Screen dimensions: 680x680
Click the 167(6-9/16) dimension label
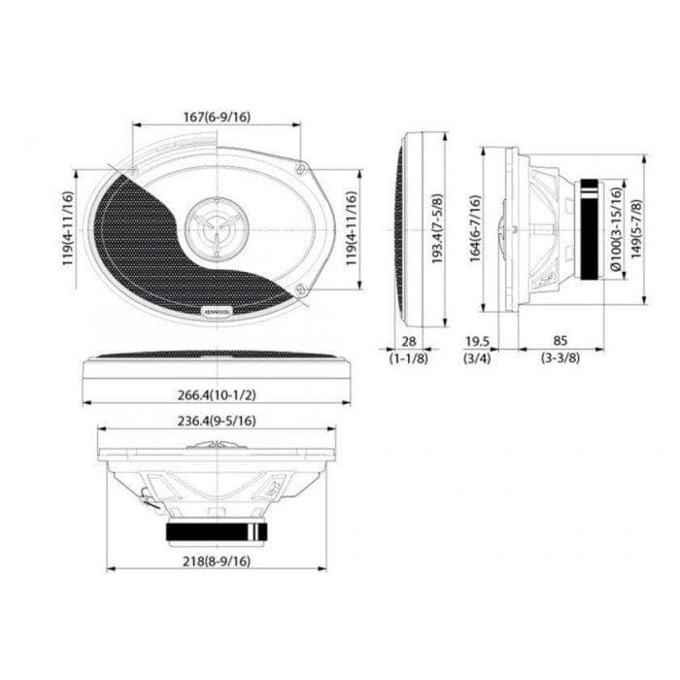[217, 117]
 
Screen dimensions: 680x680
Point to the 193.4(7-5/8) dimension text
[438, 228]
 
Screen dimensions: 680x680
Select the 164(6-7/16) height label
[475, 229]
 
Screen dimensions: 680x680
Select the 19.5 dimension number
[476, 341]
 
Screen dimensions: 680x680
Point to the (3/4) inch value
[476, 357]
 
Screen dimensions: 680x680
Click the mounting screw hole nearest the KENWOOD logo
[303, 289]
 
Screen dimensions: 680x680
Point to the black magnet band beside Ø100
[589, 230]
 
